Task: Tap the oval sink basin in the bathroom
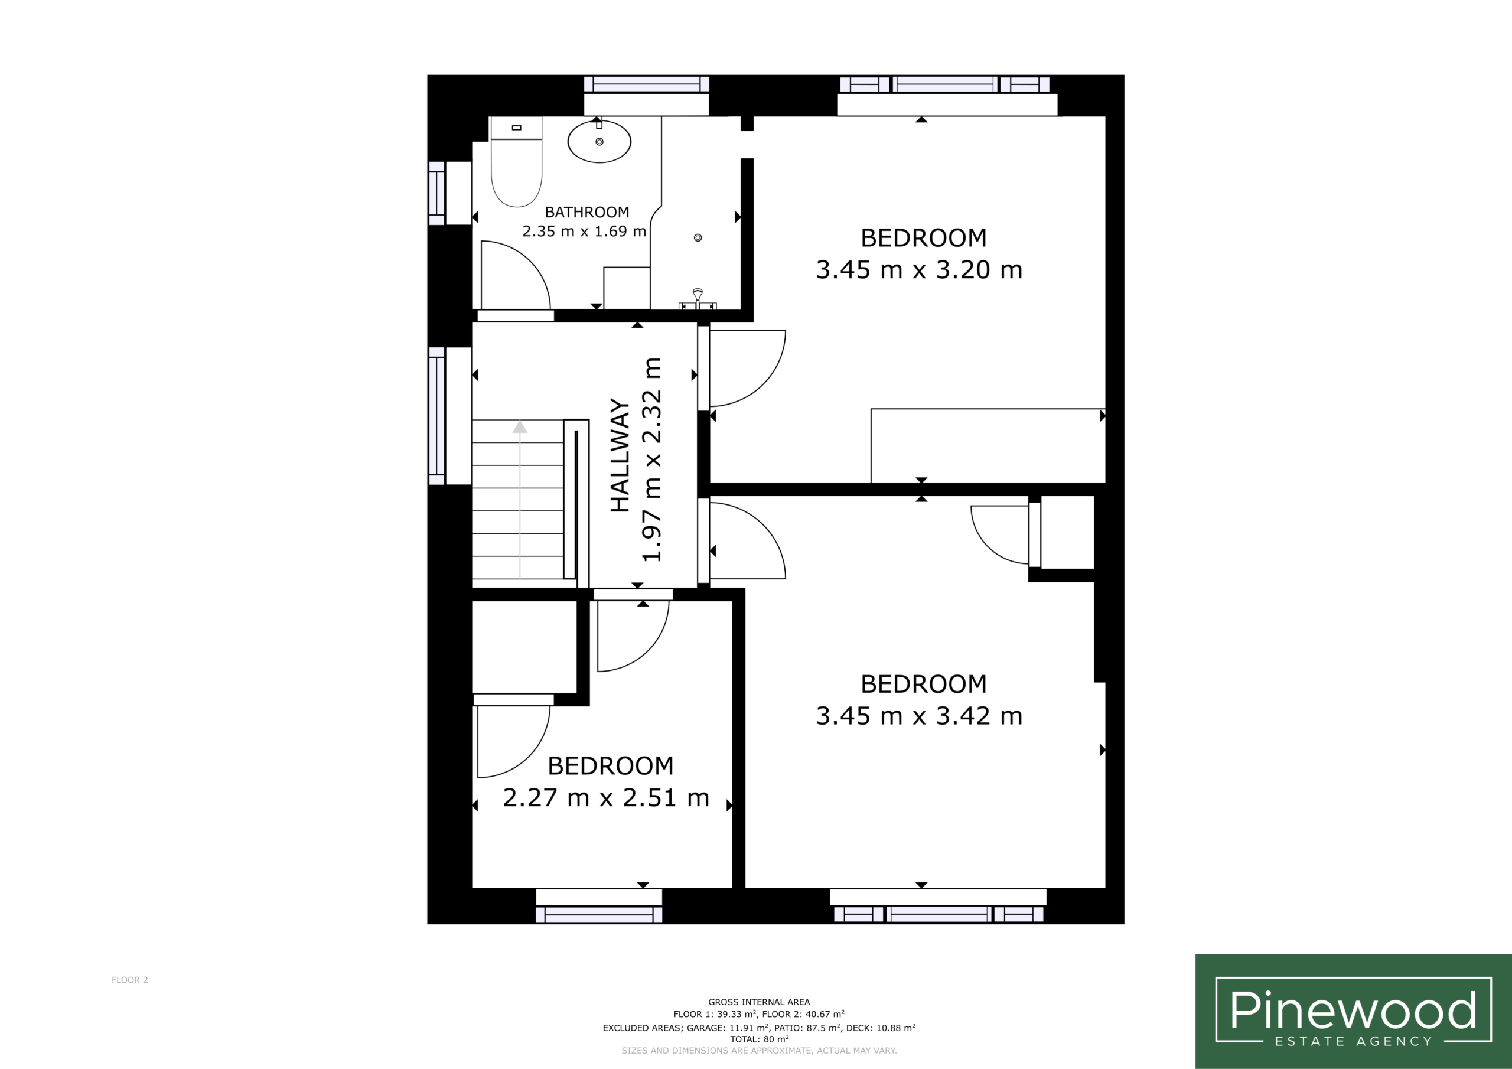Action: click(599, 142)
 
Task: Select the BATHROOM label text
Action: click(586, 212)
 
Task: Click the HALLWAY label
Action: click(620, 455)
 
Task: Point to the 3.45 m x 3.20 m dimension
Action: click(920, 269)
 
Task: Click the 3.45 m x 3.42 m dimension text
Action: click(920, 716)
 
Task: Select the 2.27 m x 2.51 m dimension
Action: click(606, 799)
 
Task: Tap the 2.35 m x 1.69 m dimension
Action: click(584, 231)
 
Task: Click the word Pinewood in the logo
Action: click(1353, 1010)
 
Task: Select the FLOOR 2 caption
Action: click(130, 980)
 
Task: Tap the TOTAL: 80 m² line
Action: click(760, 1039)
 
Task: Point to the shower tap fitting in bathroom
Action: click(698, 299)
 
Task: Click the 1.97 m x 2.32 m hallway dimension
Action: click(651, 459)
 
